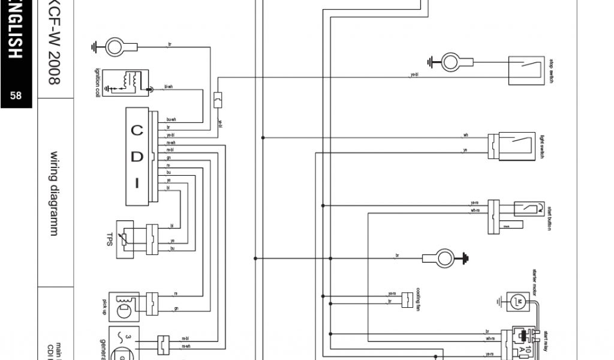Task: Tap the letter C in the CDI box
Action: click(x=137, y=131)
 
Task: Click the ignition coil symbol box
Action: click(x=125, y=83)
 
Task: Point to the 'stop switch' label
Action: click(x=551, y=71)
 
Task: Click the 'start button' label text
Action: click(x=549, y=217)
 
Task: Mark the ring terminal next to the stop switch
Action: click(x=450, y=61)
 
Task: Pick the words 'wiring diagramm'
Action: click(x=55, y=192)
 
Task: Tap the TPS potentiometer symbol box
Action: click(x=125, y=239)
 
